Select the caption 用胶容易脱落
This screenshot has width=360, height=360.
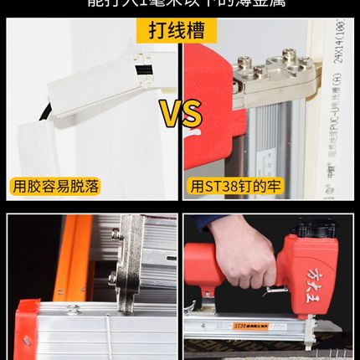point(56,186)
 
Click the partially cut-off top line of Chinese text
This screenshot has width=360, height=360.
point(179,4)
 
